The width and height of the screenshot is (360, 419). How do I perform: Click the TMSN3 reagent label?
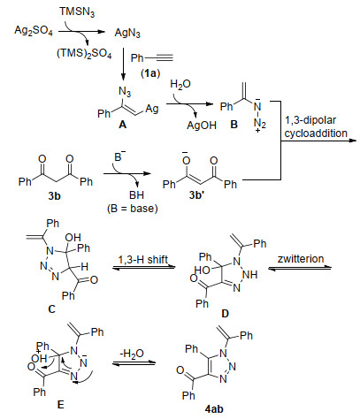click(x=77, y=12)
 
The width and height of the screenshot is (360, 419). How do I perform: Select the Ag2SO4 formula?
click(x=34, y=31)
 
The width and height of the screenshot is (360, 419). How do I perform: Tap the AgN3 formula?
click(x=127, y=33)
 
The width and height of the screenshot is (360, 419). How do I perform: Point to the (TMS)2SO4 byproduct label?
click(x=84, y=53)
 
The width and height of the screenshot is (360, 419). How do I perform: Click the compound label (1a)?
click(x=150, y=72)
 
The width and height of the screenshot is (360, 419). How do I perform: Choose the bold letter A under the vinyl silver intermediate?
click(x=122, y=125)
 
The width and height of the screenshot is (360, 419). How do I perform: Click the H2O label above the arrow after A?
click(x=180, y=85)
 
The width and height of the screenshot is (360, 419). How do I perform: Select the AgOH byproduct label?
click(x=202, y=126)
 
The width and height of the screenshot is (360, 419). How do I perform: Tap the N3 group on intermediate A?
click(x=125, y=92)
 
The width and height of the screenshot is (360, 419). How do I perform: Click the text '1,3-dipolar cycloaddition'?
click(x=316, y=126)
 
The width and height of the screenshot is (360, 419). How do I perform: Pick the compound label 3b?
click(x=54, y=195)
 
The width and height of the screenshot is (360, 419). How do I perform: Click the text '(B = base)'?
click(x=132, y=209)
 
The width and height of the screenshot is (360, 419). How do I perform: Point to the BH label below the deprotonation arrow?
click(x=136, y=195)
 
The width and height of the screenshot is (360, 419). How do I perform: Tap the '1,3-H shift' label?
click(x=143, y=260)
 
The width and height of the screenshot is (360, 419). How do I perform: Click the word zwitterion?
click(x=301, y=259)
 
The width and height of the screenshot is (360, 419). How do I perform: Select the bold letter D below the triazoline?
click(x=225, y=314)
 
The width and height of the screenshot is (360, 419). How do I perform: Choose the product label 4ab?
click(x=214, y=409)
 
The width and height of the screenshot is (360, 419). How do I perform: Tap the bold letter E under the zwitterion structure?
click(x=60, y=405)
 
